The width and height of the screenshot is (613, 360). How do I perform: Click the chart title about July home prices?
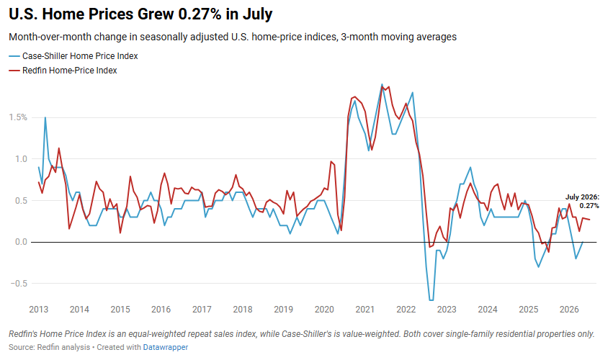(x=140, y=14)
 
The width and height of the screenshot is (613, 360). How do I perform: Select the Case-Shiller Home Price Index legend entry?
(x=73, y=56)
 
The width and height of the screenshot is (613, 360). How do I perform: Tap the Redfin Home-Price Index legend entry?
(x=63, y=71)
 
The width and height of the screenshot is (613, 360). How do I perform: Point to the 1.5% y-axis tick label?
(x=18, y=117)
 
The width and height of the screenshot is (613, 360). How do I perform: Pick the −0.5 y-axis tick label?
(x=18, y=284)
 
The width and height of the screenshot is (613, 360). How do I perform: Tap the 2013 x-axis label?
(x=39, y=310)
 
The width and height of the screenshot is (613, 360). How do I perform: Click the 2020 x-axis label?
(x=324, y=310)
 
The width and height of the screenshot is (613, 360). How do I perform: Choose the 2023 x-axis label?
(x=447, y=310)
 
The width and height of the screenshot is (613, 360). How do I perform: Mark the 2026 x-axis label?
(x=569, y=310)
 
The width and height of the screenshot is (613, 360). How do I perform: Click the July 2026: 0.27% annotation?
(x=582, y=202)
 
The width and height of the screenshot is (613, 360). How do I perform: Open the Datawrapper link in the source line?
(x=166, y=347)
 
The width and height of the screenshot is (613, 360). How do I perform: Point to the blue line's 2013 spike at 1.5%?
(x=45, y=117)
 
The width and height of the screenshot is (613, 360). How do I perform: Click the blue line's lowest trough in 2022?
(x=431, y=300)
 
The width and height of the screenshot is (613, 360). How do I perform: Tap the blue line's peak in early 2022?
(x=413, y=93)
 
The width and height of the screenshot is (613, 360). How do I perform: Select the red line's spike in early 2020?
(x=331, y=161)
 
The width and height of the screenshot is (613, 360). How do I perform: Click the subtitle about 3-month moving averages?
(x=233, y=37)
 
